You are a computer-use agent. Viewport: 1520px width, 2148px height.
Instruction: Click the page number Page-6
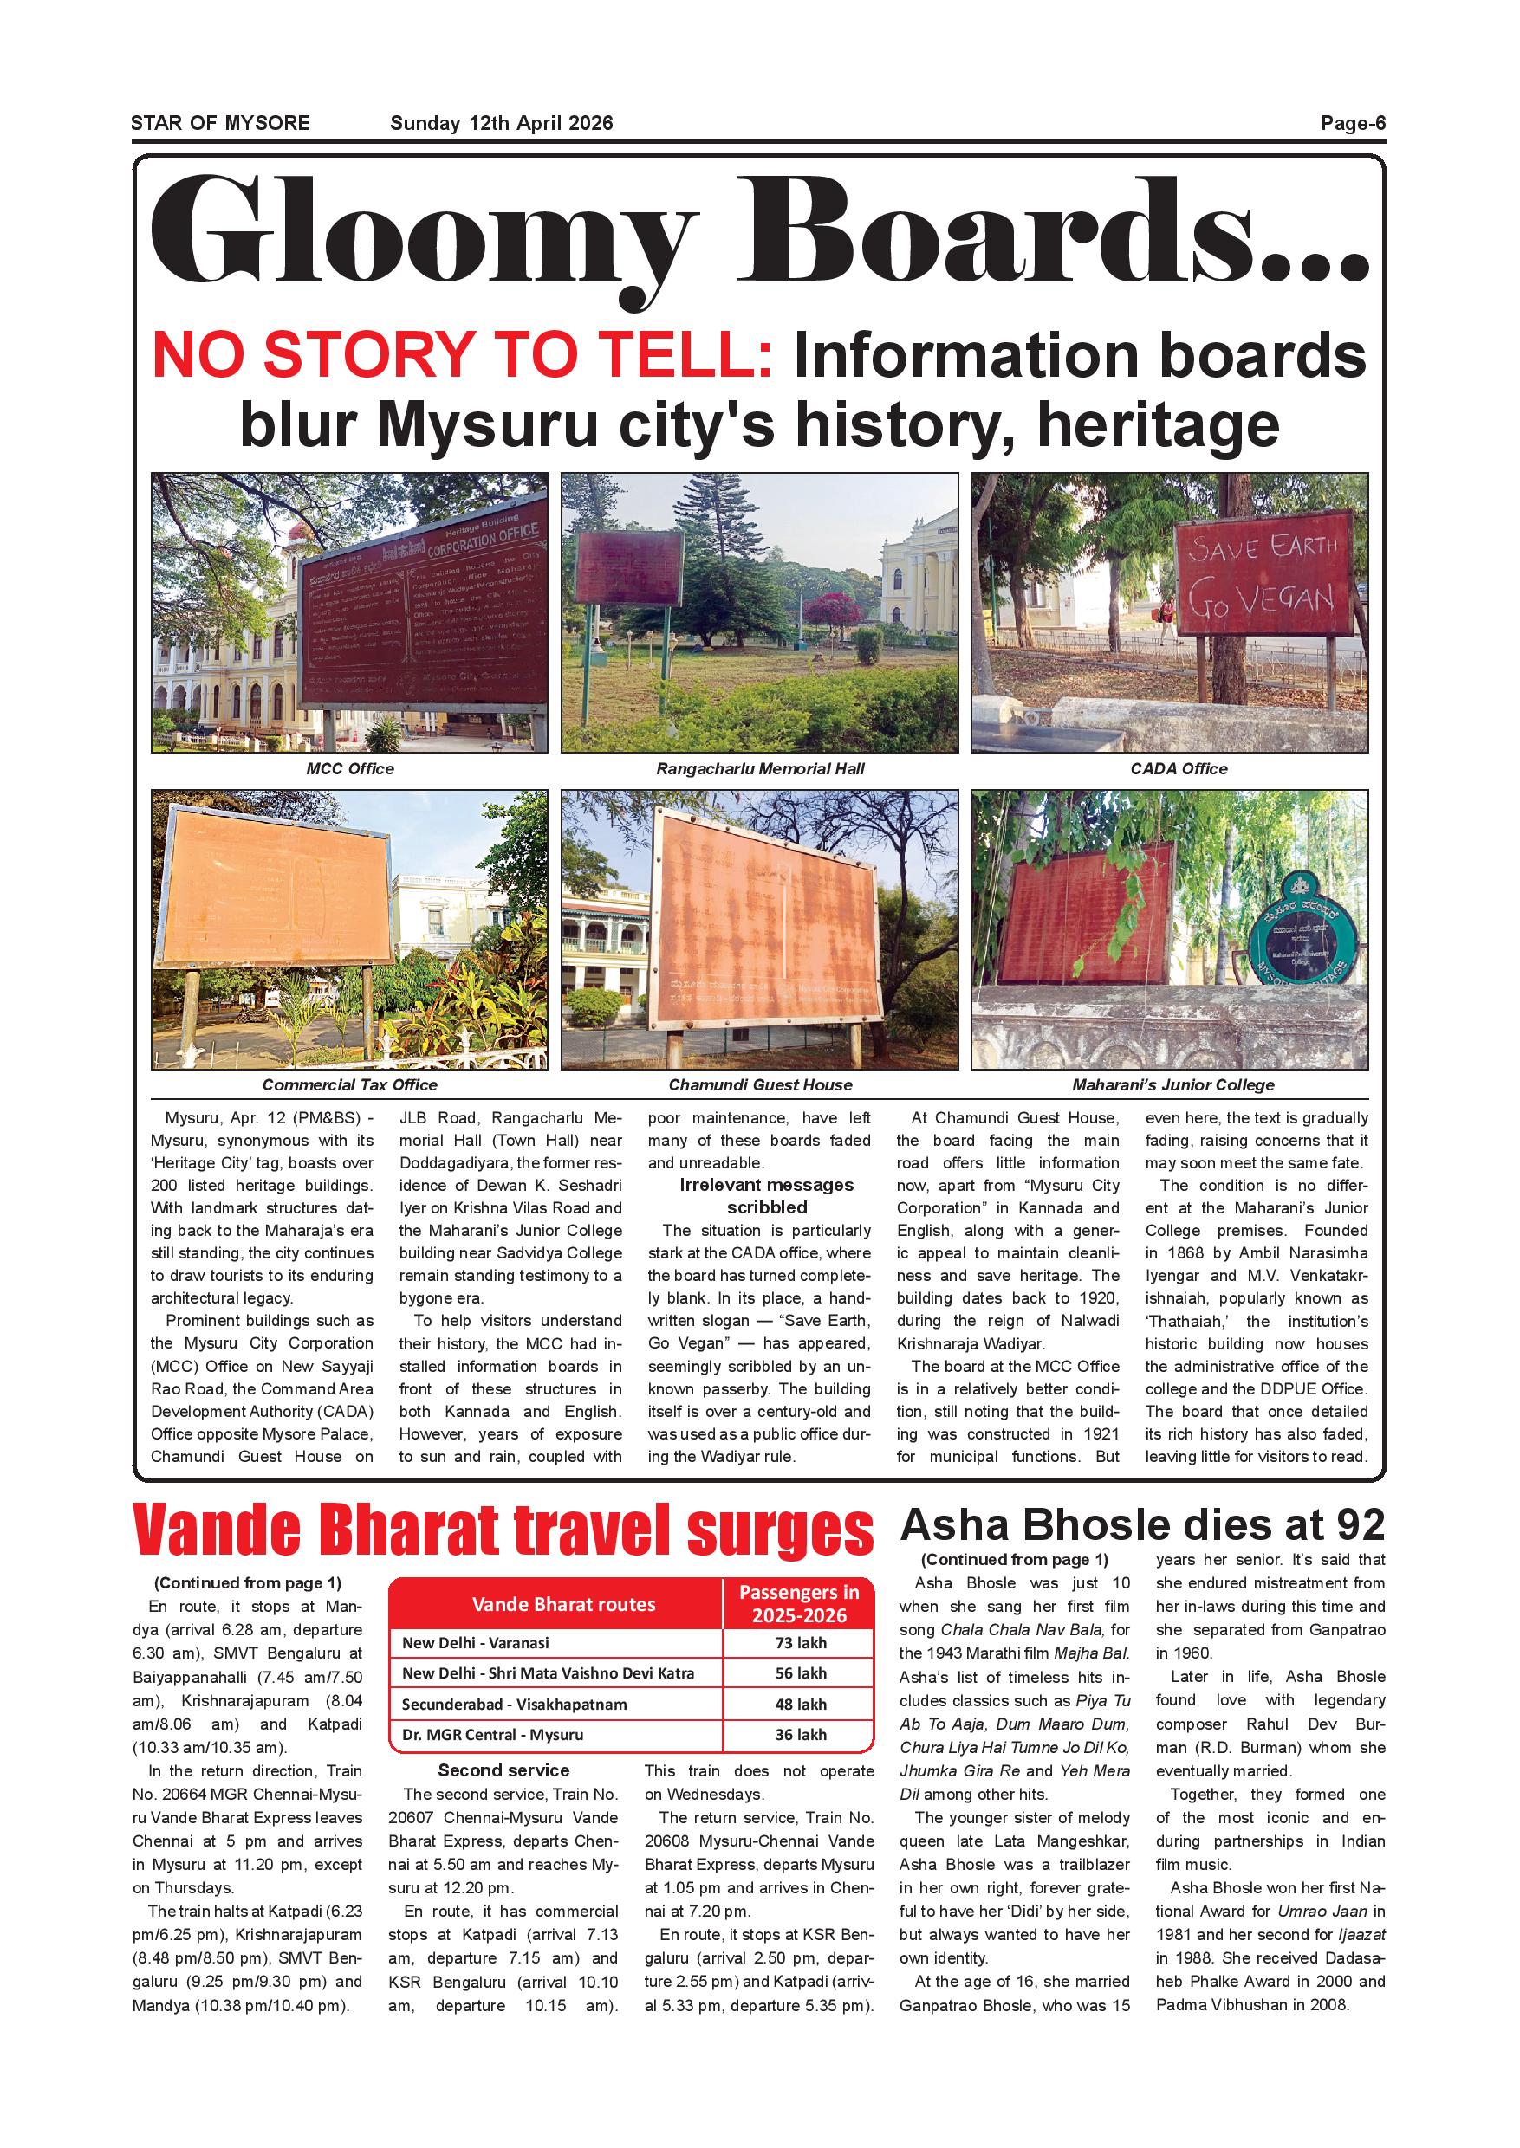click(1353, 122)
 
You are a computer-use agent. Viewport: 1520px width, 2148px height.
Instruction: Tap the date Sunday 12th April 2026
click(501, 122)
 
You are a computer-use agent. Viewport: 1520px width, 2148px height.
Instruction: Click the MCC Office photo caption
click(349, 769)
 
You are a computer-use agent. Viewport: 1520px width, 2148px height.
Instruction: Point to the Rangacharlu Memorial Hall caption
click(759, 769)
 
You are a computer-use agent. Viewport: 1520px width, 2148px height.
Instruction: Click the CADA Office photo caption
click(1179, 769)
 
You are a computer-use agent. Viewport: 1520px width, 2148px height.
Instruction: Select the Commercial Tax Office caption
click(349, 1085)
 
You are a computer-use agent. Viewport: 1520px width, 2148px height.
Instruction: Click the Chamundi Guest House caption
click(760, 1085)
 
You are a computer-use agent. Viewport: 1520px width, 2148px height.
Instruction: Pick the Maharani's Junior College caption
click(1172, 1085)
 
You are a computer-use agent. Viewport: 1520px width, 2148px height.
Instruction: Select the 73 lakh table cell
click(799, 1643)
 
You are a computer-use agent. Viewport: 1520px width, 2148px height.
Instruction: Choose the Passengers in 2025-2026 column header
click(798, 1603)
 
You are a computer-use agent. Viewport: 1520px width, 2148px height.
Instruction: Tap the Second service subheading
click(503, 1770)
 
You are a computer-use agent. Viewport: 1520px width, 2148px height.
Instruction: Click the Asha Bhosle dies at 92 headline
click(1142, 1525)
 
